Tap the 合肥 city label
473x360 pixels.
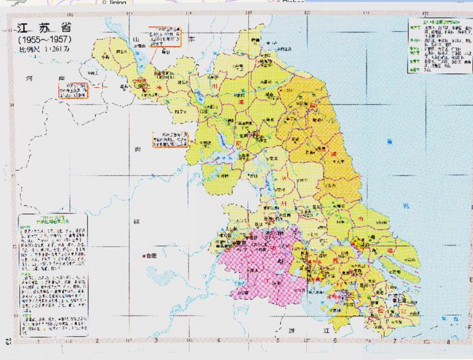tap(150, 255)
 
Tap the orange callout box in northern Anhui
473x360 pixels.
tap(171, 140)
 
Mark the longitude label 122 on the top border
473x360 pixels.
tap(424, 13)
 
